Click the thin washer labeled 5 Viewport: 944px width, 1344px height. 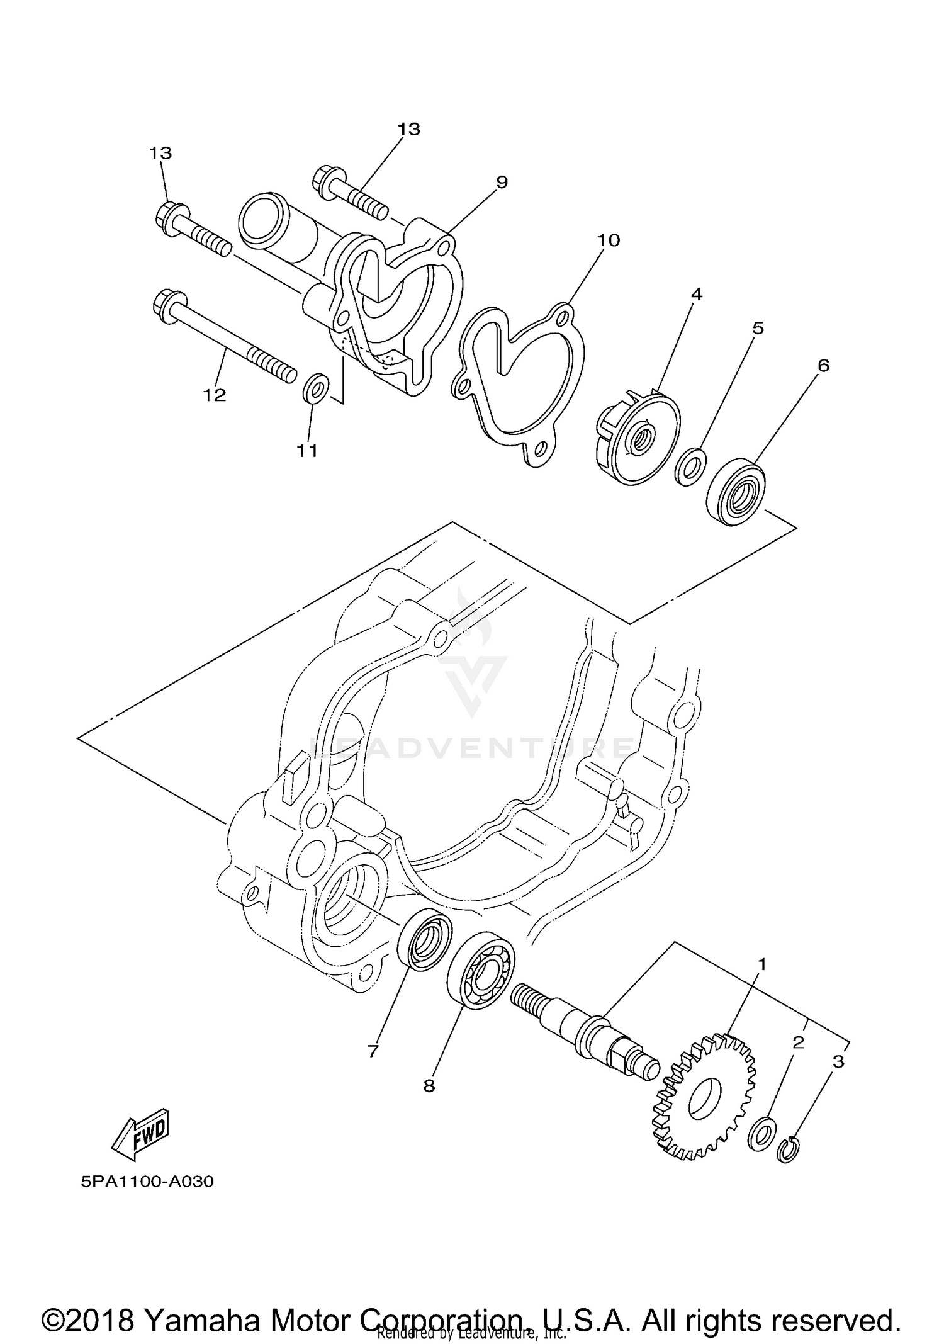pos(690,467)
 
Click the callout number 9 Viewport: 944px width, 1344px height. pos(501,182)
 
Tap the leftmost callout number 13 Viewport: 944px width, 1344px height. pos(160,153)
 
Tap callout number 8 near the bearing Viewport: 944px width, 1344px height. pos(429,1086)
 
